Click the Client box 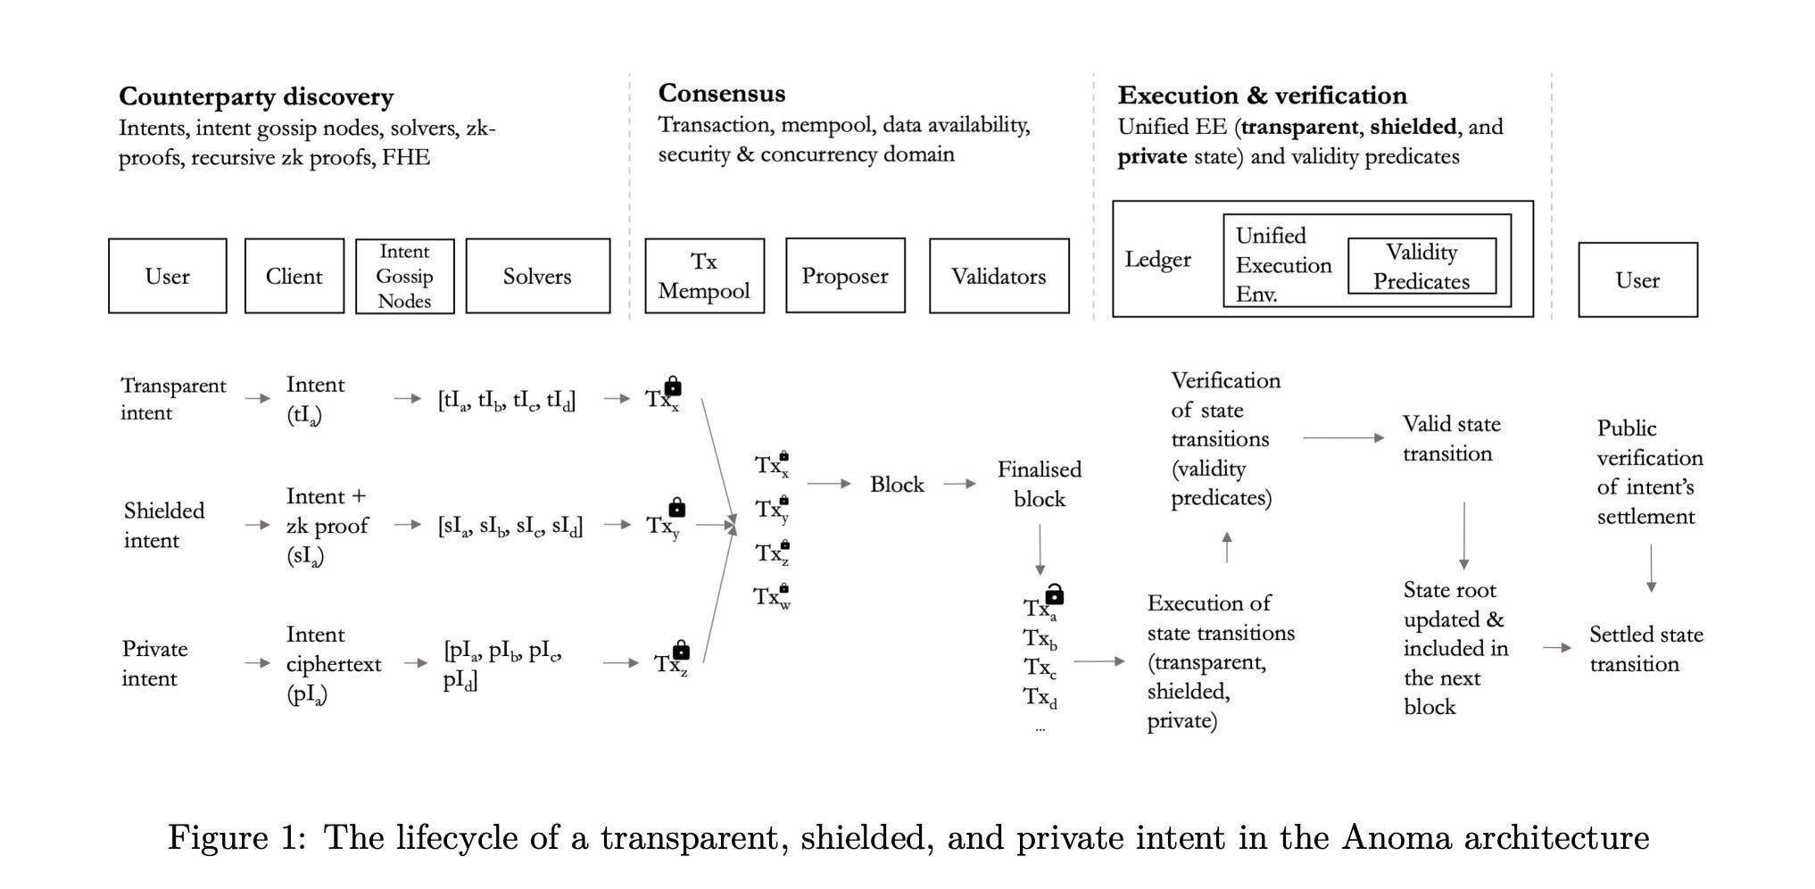(294, 276)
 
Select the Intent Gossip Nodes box (404, 276)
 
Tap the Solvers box (537, 276)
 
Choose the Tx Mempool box (704, 276)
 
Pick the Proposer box (844, 276)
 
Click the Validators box (999, 276)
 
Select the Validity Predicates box (1421, 266)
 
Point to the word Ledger (1157, 260)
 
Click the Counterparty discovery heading (256, 96)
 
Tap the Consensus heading (722, 93)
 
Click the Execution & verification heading (1262, 96)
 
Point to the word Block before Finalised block (897, 484)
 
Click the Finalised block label (1040, 484)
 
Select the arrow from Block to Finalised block (959, 484)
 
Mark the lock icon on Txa (1055, 594)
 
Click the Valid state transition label (1451, 438)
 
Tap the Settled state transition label (1645, 649)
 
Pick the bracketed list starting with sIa (510, 526)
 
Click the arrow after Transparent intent (257, 398)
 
